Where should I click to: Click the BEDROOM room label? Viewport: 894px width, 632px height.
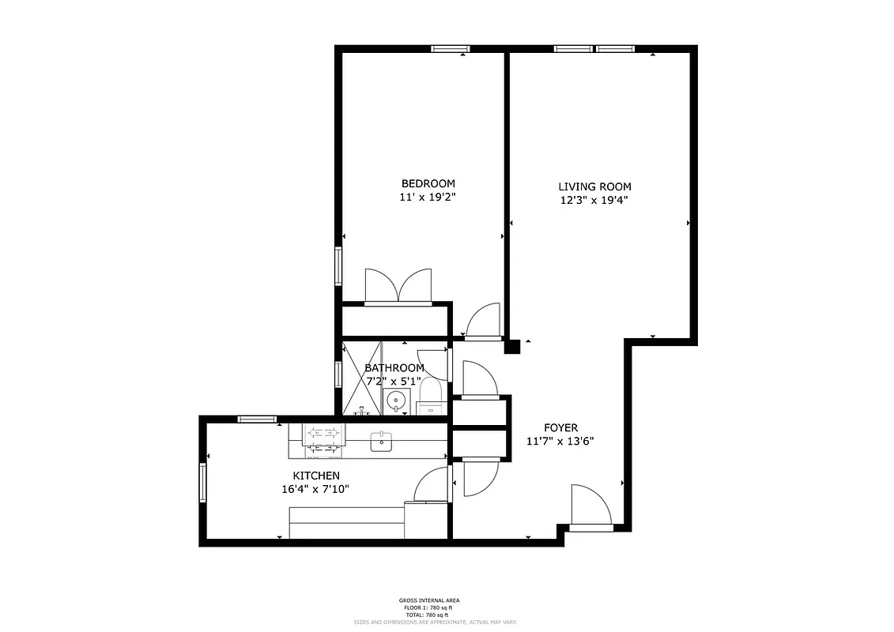(x=428, y=183)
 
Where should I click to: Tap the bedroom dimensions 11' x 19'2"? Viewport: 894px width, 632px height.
(x=428, y=198)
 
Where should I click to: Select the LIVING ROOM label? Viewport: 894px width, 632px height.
(x=594, y=186)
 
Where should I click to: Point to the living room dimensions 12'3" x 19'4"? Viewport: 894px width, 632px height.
(x=594, y=201)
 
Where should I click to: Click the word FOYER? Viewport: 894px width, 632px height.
(x=560, y=427)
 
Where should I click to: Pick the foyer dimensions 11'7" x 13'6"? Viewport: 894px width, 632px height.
(x=560, y=442)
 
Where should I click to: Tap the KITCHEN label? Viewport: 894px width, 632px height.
(x=316, y=476)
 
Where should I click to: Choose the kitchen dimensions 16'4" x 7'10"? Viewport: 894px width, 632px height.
(x=315, y=490)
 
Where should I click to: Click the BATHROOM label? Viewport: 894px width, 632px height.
(x=394, y=367)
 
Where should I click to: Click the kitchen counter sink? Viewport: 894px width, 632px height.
(x=381, y=441)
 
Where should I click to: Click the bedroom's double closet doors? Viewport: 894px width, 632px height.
(x=398, y=286)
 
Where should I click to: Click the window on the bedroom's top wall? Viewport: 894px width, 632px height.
(x=451, y=49)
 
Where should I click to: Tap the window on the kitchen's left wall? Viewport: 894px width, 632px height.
(x=202, y=482)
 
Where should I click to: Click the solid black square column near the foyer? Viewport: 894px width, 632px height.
(x=513, y=346)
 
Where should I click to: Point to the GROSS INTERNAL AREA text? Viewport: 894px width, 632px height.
(x=429, y=601)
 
